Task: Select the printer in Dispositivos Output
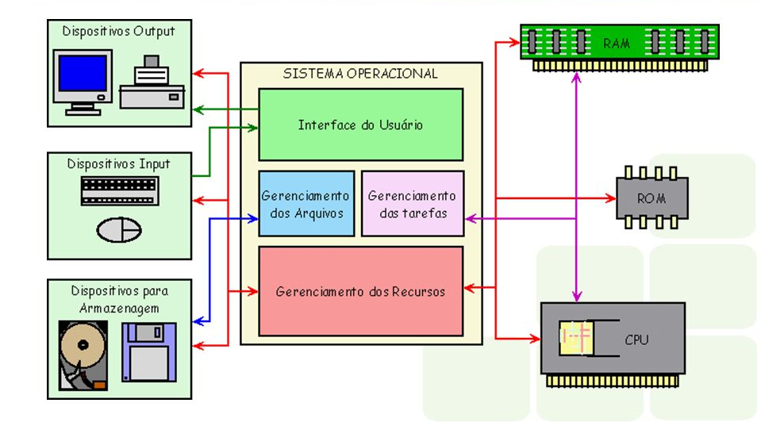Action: point(152,84)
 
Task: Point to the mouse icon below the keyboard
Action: point(119,229)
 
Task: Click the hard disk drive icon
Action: point(83,356)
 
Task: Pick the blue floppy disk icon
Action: point(148,352)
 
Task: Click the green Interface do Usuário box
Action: point(361,125)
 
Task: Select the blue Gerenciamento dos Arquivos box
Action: point(306,204)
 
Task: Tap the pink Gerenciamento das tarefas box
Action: point(412,204)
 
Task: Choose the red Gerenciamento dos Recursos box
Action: point(361,291)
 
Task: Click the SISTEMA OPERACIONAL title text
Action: point(360,74)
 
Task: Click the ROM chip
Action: point(651,198)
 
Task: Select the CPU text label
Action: point(636,340)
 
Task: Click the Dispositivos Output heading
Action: point(118,32)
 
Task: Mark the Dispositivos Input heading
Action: point(118,164)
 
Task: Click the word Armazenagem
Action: point(119,308)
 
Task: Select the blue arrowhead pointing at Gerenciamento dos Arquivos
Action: point(254,217)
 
